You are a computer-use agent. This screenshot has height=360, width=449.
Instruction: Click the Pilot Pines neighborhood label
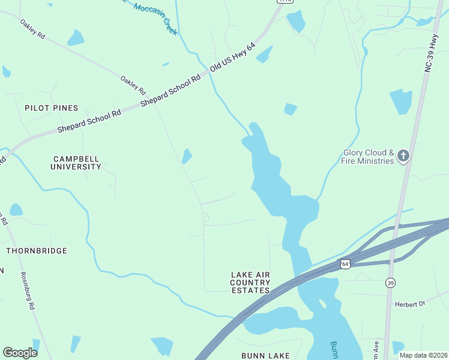point(51,108)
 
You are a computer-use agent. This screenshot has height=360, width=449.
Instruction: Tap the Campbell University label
point(76,163)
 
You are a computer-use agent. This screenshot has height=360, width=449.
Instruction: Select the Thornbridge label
point(37,250)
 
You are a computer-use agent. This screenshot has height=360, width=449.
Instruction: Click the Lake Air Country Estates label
point(250,283)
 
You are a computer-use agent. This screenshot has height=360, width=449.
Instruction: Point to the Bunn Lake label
point(265,356)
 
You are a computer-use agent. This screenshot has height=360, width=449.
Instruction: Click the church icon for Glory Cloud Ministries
point(403,157)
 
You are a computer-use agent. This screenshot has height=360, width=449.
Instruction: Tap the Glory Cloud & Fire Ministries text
point(368,157)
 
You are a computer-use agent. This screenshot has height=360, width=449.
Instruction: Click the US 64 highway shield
point(345,263)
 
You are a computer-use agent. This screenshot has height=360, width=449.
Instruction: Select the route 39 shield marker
point(391,283)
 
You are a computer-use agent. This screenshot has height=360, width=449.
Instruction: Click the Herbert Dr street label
point(409,304)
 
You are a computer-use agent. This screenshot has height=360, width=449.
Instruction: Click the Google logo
point(20,352)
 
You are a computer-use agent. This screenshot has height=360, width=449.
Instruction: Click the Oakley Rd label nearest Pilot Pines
point(133,86)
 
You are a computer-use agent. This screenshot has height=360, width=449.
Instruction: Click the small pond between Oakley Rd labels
point(75,38)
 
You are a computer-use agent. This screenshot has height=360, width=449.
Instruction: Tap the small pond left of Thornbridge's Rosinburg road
point(16,210)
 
